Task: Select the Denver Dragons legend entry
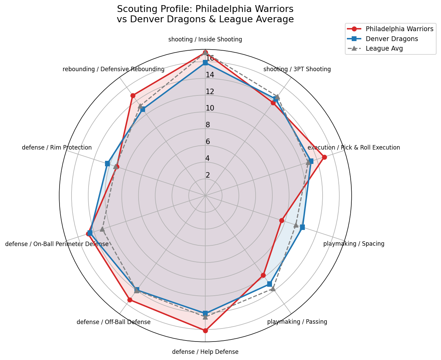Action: point(392,39)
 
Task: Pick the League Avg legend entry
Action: point(384,48)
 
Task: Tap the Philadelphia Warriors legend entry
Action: point(399,29)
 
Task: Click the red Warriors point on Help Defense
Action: point(205,331)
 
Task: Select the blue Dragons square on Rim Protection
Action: point(107,164)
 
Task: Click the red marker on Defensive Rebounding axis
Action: point(133,95)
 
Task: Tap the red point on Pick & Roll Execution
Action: point(324,157)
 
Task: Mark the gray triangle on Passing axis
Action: point(273,289)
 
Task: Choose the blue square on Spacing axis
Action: point(302,227)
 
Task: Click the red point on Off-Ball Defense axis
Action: point(130,300)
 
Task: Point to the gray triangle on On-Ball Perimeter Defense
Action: point(102,229)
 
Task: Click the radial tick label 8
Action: point(208,125)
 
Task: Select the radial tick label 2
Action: point(208,175)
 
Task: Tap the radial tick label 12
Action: point(210,92)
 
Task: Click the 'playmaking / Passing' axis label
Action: point(297,322)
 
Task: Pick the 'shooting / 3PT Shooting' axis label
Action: point(297,69)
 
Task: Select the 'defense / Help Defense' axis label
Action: point(205,352)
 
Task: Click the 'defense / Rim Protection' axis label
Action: point(57,147)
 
